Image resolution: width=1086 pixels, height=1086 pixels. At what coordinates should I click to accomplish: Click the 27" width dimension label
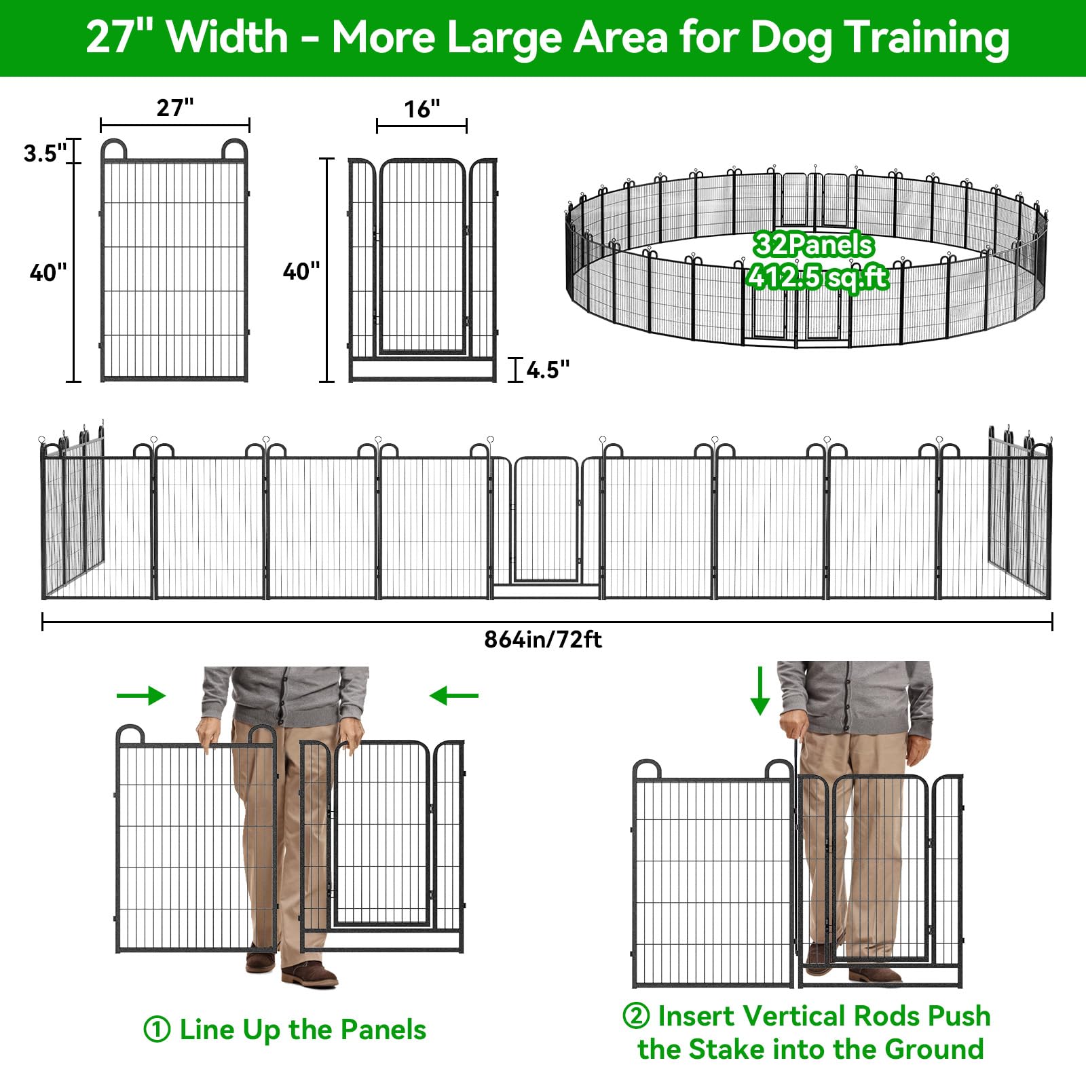(175, 107)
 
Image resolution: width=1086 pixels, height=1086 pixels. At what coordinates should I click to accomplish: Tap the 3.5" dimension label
(45, 153)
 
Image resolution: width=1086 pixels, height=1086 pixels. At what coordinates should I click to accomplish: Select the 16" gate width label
(422, 109)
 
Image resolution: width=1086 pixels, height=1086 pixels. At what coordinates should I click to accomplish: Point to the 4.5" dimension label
(548, 370)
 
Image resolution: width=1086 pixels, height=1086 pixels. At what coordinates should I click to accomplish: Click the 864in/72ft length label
(543, 639)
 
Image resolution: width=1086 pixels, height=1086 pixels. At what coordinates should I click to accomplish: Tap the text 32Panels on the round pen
(813, 244)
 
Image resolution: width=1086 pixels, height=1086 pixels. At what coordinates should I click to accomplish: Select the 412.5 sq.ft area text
(817, 277)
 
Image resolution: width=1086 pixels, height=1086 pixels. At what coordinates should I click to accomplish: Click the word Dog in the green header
(791, 38)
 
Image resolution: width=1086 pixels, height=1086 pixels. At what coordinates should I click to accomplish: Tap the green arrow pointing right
(141, 695)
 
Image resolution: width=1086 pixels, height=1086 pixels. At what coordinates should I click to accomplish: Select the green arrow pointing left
(454, 695)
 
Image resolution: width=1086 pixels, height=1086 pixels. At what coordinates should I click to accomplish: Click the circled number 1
(157, 1030)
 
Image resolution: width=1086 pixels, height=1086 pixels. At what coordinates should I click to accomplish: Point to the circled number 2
(636, 1016)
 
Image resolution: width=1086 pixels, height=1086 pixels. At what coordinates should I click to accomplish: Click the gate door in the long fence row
(546, 520)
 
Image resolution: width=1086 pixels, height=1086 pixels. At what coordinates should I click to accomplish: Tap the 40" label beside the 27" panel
(48, 273)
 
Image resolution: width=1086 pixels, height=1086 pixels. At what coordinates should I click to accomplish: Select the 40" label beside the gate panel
(301, 271)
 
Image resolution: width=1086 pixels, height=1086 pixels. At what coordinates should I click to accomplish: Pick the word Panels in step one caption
(383, 1030)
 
